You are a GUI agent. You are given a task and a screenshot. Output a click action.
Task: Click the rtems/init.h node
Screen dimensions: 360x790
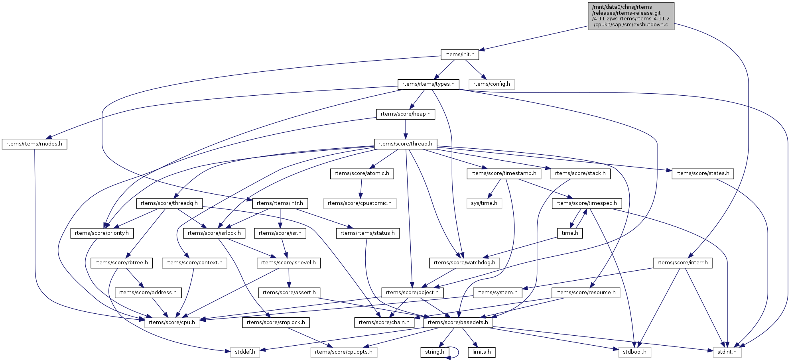(x=460, y=55)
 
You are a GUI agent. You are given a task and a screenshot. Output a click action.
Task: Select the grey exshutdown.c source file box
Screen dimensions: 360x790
(x=631, y=16)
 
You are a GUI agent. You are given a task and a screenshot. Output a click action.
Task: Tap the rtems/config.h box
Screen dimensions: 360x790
(x=491, y=84)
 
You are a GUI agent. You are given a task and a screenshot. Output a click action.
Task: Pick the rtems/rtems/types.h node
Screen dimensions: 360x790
(x=428, y=84)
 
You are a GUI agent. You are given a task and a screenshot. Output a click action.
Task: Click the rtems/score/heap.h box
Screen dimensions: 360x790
(x=406, y=114)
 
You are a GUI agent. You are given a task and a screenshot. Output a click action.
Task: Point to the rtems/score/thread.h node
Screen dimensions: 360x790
(x=405, y=144)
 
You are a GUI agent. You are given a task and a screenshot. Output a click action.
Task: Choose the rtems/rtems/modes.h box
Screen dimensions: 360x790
(x=34, y=144)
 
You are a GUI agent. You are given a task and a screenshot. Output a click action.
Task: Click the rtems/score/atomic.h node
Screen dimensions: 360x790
(x=362, y=173)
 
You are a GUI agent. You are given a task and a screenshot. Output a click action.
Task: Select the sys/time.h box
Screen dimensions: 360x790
(x=484, y=203)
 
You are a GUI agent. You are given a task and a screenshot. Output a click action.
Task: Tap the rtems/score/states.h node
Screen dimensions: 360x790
(x=702, y=173)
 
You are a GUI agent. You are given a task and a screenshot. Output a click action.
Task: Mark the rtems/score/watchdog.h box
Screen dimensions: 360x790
(x=464, y=263)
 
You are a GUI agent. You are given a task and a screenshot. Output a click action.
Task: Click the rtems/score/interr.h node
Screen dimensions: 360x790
(x=682, y=263)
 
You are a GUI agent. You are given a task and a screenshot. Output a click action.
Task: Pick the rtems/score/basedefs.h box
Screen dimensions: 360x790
(x=458, y=323)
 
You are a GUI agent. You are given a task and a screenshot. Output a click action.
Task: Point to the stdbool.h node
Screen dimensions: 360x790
(x=634, y=352)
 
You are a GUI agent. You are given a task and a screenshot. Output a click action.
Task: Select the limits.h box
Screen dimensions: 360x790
(x=481, y=352)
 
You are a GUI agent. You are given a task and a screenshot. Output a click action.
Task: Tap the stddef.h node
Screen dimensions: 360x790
(x=245, y=352)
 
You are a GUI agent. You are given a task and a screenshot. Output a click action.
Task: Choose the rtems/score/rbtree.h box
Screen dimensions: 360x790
(x=122, y=263)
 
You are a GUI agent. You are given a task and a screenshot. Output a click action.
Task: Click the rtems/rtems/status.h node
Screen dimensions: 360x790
(x=368, y=233)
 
